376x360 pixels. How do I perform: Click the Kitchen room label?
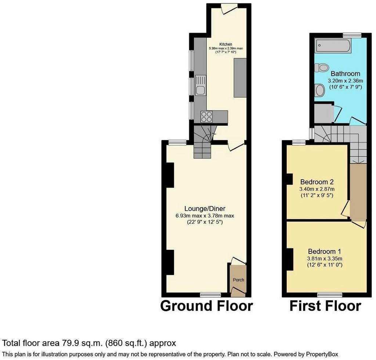click(x=226, y=44)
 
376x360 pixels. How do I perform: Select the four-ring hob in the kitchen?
click(x=207, y=117)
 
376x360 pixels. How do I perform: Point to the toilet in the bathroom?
click(x=321, y=67)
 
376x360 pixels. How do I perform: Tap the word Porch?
click(x=238, y=280)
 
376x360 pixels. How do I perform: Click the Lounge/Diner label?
click(x=205, y=209)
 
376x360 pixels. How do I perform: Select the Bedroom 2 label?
click(x=317, y=182)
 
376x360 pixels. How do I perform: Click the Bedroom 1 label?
click(x=325, y=251)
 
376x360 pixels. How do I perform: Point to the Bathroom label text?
click(x=345, y=73)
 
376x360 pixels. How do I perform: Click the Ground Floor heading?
click(x=206, y=306)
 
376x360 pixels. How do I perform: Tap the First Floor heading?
click(x=325, y=306)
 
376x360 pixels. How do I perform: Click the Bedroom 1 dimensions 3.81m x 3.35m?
click(x=325, y=259)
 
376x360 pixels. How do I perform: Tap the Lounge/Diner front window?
click(x=210, y=294)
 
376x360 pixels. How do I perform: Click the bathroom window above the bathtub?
click(x=352, y=35)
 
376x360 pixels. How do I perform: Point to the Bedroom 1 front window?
click(x=330, y=294)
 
